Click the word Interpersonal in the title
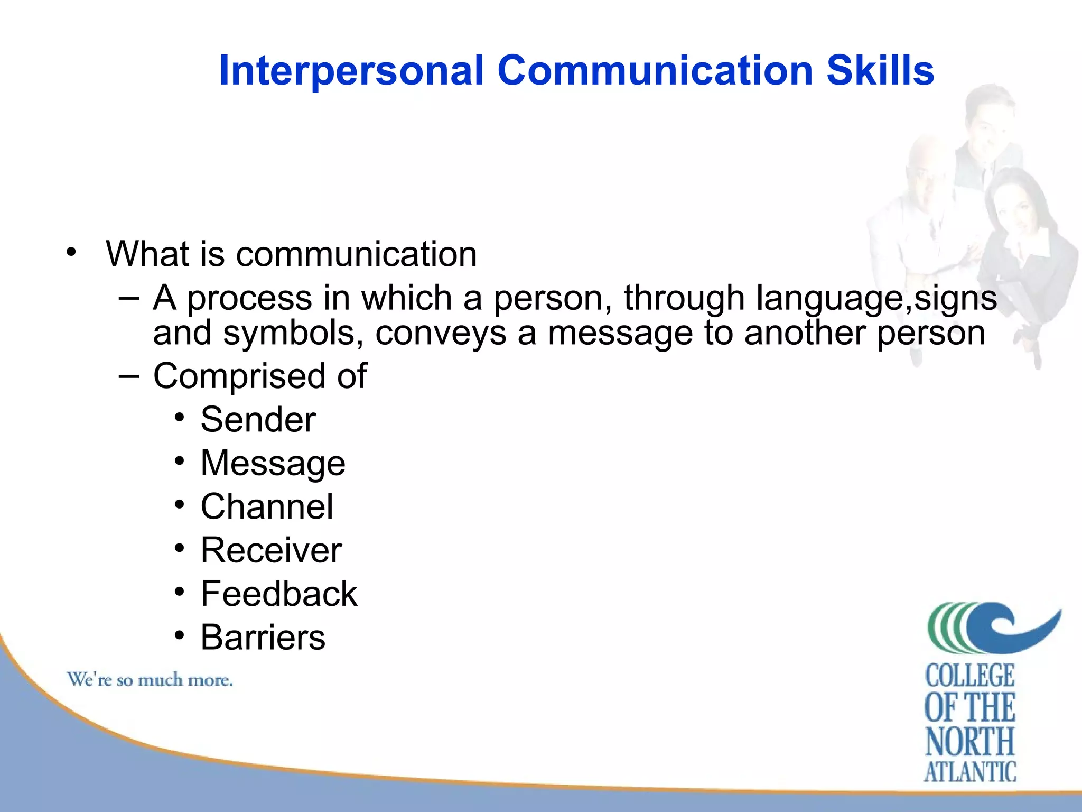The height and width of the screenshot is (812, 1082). (351, 71)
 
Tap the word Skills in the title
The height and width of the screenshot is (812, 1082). (880, 71)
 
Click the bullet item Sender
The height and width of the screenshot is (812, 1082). (258, 420)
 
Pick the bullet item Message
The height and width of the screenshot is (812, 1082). (273, 464)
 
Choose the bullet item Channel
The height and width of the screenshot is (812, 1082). (267, 507)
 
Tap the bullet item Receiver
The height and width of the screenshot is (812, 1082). (271, 550)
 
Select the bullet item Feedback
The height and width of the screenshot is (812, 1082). (279, 594)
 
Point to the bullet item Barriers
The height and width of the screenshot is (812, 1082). (263, 638)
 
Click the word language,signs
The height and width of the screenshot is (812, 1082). (876, 298)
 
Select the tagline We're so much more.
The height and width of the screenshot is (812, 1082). (150, 680)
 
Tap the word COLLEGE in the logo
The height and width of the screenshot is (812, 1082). (970, 676)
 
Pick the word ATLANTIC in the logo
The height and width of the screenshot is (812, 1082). (970, 772)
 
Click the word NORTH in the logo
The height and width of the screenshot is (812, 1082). (970, 741)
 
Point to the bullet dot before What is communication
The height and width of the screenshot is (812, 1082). (71, 252)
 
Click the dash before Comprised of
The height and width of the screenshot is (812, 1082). (129, 376)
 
